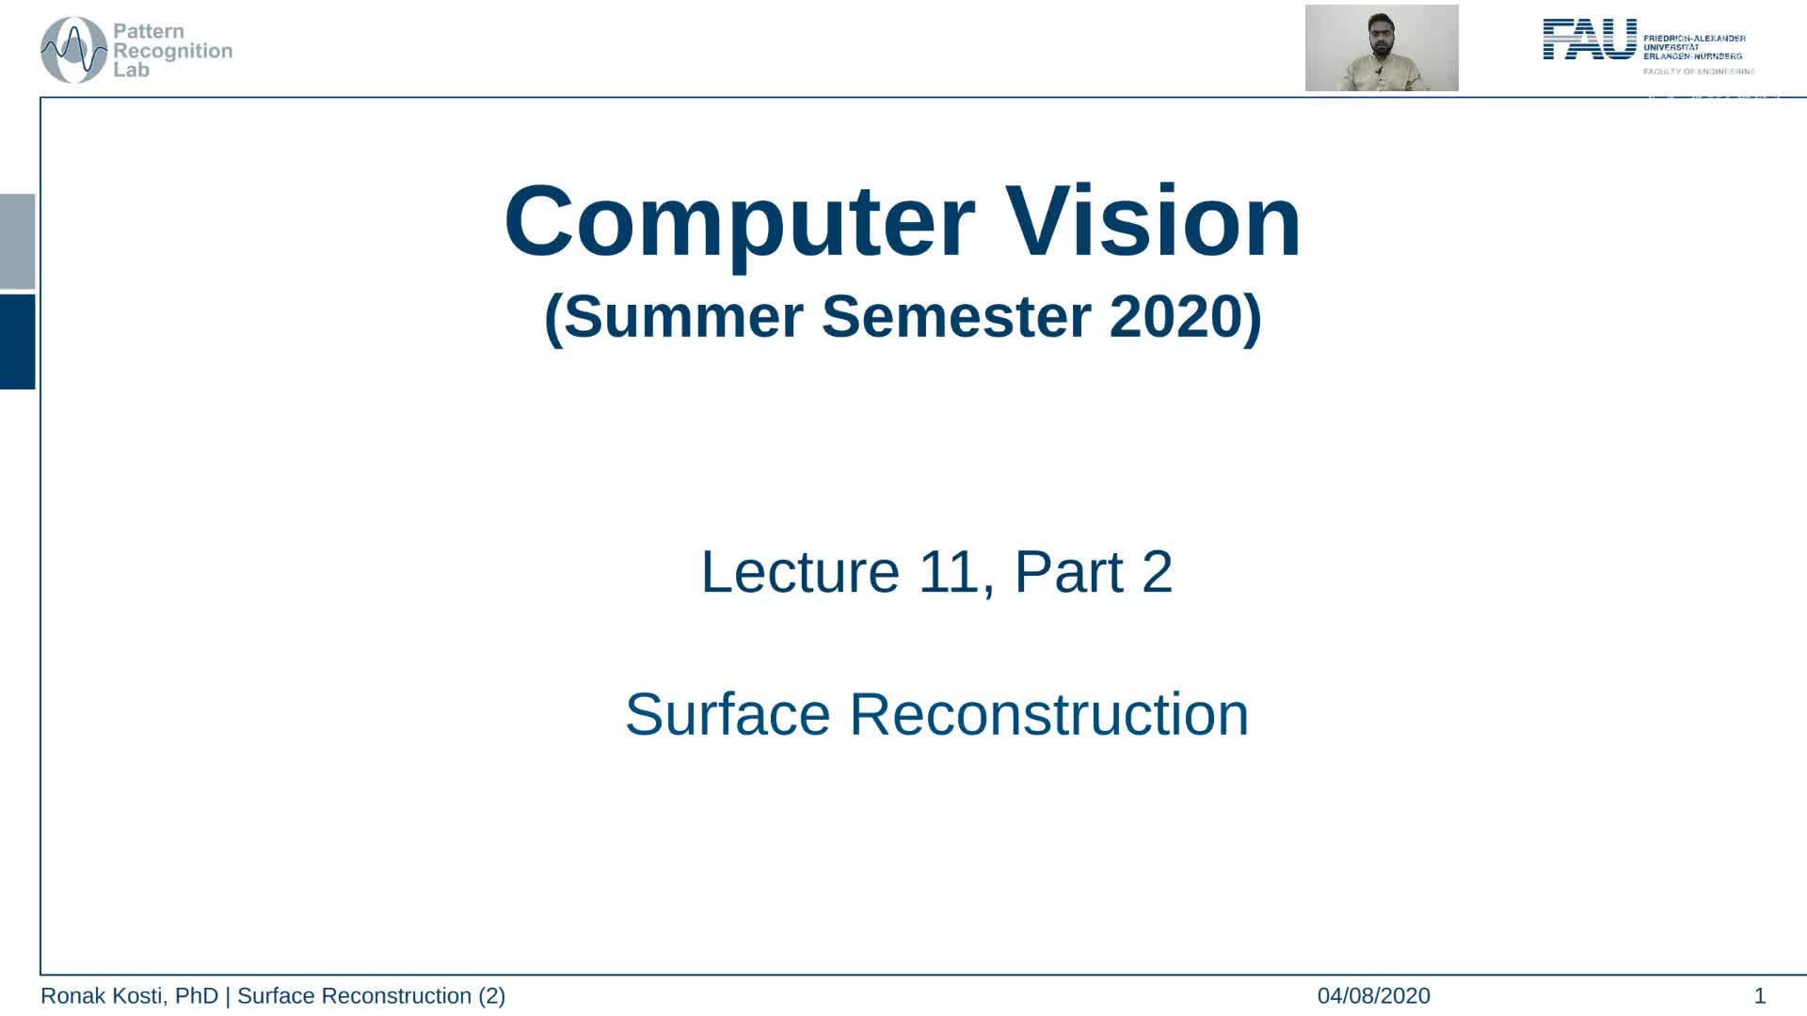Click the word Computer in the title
pyautogui.click(x=739, y=223)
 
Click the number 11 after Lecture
pyautogui.click(x=949, y=571)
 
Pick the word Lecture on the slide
pyautogui.click(x=800, y=571)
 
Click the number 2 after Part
pyautogui.click(x=1157, y=571)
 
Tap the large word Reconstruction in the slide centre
pyautogui.click(x=1048, y=714)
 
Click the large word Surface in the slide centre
pyautogui.click(x=728, y=714)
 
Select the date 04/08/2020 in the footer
pyautogui.click(x=1373, y=995)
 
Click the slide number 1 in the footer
pyautogui.click(x=1759, y=995)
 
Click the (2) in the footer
pyautogui.click(x=491, y=995)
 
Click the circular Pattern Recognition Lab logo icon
pyautogui.click(x=73, y=50)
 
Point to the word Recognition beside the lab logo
pyautogui.click(x=172, y=51)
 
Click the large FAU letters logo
pyautogui.click(x=1590, y=40)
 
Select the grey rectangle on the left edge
pyautogui.click(x=17, y=241)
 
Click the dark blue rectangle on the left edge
pyautogui.click(x=17, y=341)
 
